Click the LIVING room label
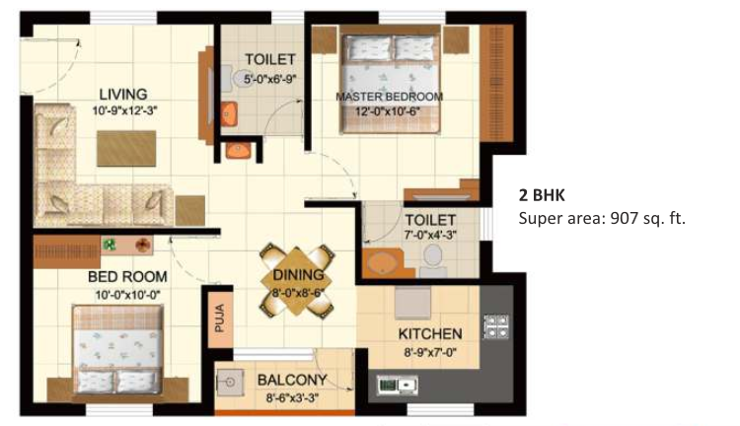coord(123,94)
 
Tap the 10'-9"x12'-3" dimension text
coord(124,111)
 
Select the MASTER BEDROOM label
coord(390,97)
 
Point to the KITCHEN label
coord(430,334)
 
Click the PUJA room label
coord(220,318)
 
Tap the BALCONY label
coord(292,380)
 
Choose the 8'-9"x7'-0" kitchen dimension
coord(430,352)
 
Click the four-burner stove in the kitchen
coord(496,326)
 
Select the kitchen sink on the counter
coord(397,385)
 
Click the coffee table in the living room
coord(126,149)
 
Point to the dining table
coord(297,281)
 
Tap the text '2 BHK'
coord(542,195)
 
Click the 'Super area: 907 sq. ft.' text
coord(602,219)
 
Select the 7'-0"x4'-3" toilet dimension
coord(430,235)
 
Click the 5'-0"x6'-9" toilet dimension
coord(270,79)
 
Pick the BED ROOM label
coord(127,276)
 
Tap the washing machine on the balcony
coord(230,383)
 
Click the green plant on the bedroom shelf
coord(110,245)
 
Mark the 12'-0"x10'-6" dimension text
coord(388,112)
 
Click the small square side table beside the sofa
coord(190,210)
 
